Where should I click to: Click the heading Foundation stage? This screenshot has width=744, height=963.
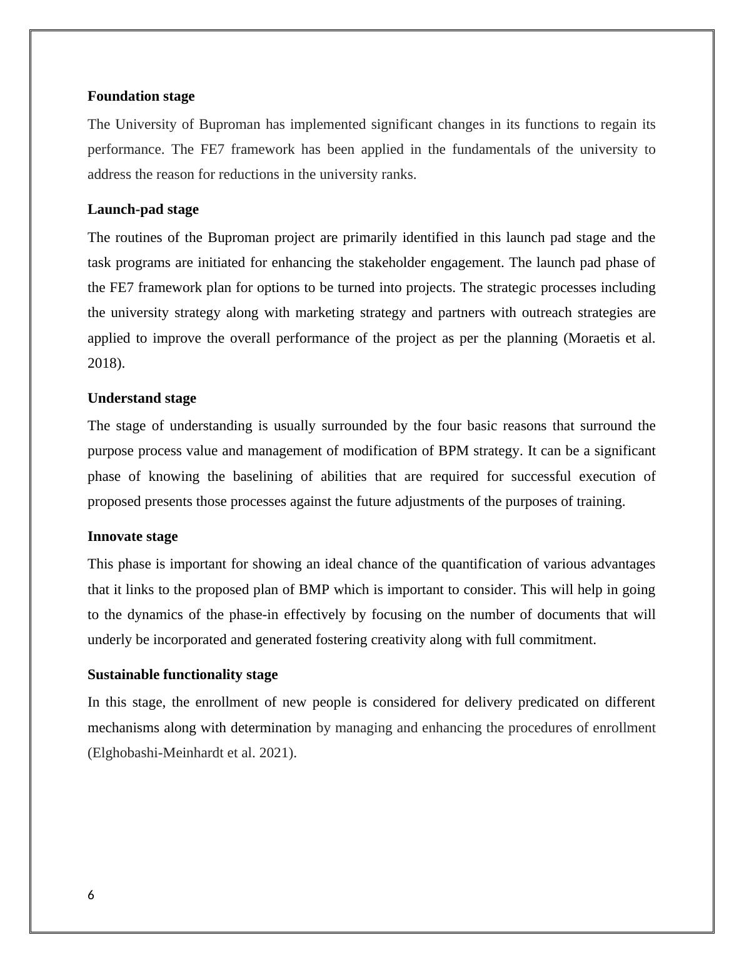pos(141,96)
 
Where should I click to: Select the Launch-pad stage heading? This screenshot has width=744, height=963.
pos(143,209)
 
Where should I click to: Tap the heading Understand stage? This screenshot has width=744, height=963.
pos(141,398)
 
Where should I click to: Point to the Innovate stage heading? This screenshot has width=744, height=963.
pos(133,537)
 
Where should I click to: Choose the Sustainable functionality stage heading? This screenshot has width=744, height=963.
pos(183,675)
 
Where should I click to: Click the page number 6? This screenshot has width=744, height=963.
pos(91,895)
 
